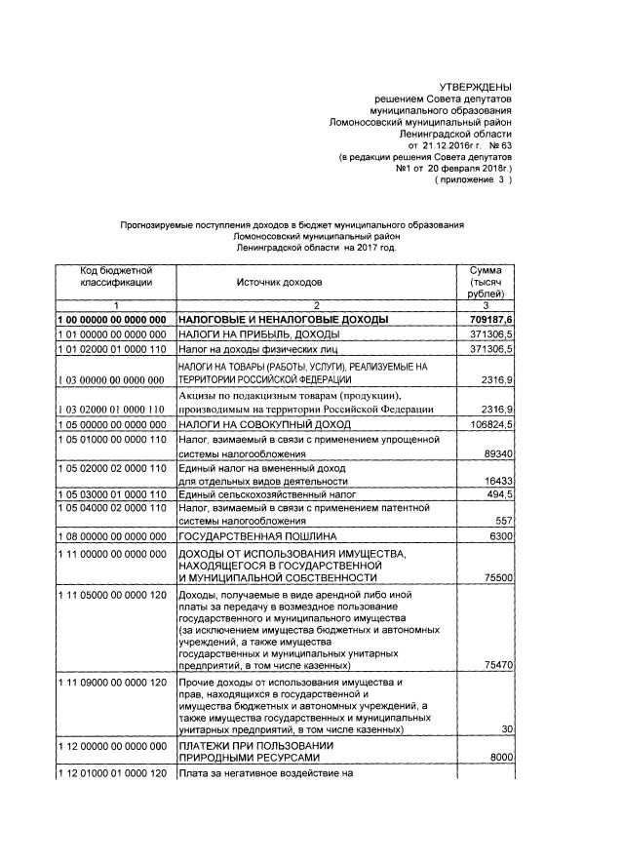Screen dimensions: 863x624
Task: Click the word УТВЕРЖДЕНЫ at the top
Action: [x=475, y=89]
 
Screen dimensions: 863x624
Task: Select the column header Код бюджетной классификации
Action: [x=115, y=276]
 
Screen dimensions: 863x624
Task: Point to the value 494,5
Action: [x=497, y=495]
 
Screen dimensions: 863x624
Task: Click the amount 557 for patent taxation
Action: [x=503, y=521]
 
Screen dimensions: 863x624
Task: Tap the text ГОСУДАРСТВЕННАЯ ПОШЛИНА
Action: [x=256, y=537]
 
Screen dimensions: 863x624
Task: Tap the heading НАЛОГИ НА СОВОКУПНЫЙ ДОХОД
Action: [x=257, y=426]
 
